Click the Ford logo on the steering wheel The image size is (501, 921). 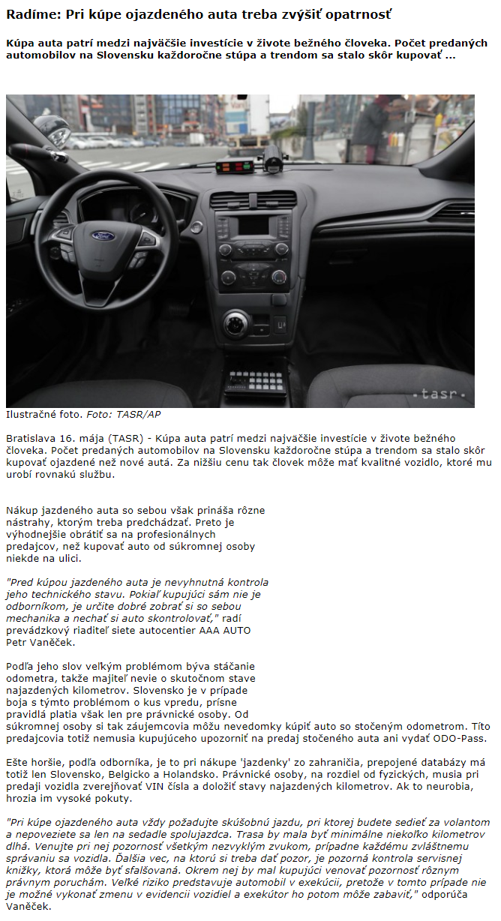(x=102, y=235)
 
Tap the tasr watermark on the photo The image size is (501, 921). (x=443, y=393)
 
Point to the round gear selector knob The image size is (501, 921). (x=235, y=323)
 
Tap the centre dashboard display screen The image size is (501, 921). (x=253, y=225)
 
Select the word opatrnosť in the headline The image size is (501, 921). (x=356, y=14)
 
